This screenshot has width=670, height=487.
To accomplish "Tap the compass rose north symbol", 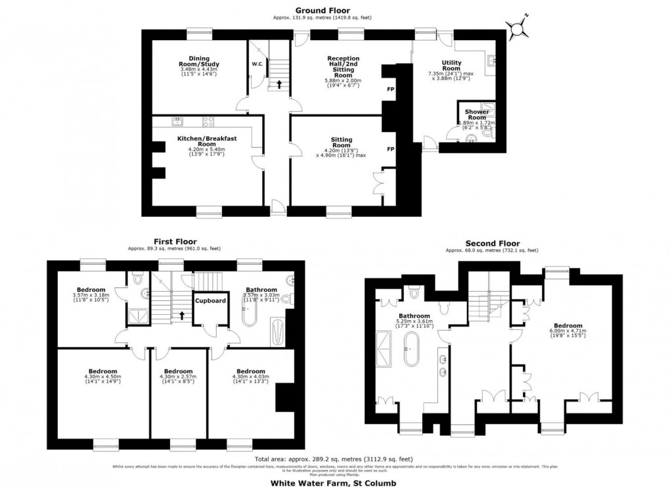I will click(x=519, y=27).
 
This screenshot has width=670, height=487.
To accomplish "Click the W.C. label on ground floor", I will click(x=257, y=64).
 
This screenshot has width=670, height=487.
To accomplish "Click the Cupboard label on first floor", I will click(x=210, y=301).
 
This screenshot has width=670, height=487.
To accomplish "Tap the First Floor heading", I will click(x=175, y=242).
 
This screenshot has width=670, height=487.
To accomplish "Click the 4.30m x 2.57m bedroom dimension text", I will click(x=179, y=377).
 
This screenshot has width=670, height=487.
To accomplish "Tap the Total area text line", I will click(x=334, y=459).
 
